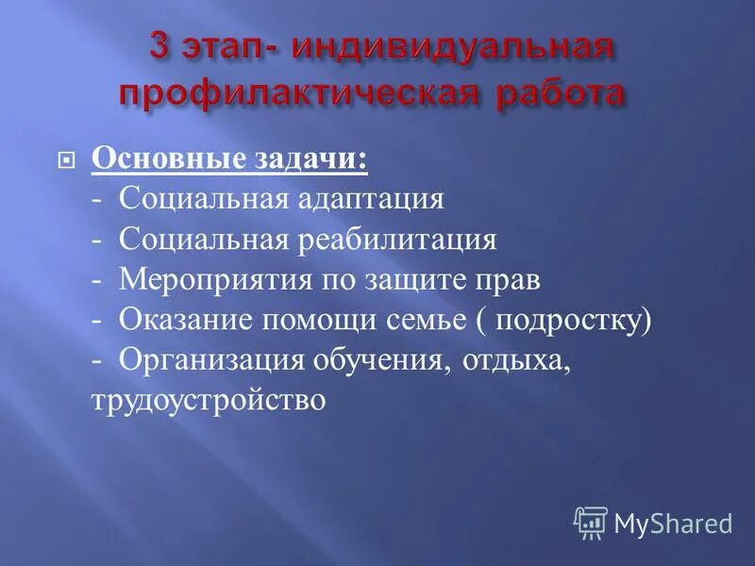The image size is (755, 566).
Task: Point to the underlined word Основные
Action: (156, 158)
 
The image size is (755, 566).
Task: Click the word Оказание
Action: (180, 321)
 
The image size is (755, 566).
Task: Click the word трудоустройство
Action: (209, 400)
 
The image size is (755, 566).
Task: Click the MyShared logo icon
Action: (591, 521)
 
